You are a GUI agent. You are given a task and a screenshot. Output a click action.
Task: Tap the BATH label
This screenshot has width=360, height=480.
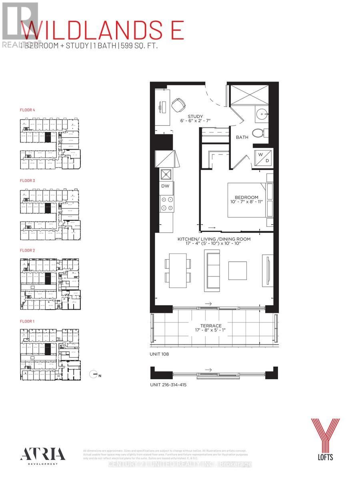coord(242,137)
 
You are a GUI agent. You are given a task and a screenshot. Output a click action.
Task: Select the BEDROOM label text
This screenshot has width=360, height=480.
coord(246,197)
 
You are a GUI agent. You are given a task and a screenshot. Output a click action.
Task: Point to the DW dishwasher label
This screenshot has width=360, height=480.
coord(166,186)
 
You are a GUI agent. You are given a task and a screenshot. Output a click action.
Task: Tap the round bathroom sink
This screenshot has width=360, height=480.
coord(262,114)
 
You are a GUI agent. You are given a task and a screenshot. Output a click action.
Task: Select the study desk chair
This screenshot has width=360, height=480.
coord(178,105)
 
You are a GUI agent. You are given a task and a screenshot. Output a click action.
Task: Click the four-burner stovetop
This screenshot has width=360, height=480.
coord(166,204)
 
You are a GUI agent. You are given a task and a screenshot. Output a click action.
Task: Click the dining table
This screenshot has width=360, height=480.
coord(178,270)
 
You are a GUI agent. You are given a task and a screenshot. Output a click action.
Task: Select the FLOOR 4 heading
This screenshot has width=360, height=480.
coord(28,109)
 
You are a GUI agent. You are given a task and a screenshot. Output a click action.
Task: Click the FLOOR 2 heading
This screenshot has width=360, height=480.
coord(28,250)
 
